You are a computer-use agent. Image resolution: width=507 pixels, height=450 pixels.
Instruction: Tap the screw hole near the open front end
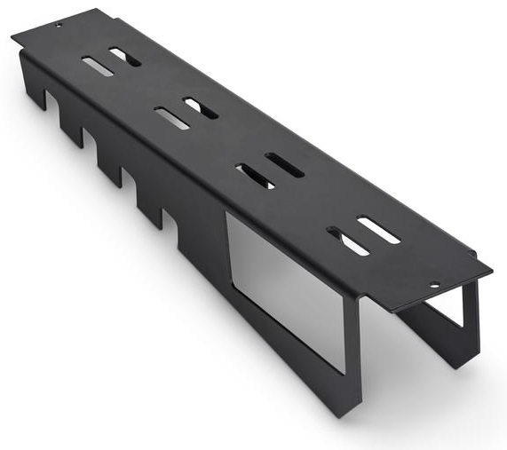tap(433, 286)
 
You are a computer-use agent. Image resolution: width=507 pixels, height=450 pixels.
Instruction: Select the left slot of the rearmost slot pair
tap(97, 67)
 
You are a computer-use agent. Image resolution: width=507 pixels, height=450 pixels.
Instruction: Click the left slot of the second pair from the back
tap(171, 118)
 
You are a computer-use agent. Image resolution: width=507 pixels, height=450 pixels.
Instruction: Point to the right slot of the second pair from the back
tap(201, 108)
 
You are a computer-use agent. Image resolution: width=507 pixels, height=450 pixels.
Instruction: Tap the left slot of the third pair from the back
tap(255, 176)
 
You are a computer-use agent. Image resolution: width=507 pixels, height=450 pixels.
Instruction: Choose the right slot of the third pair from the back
tap(284, 165)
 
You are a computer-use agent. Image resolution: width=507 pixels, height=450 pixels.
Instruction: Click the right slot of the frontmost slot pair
tap(378, 230)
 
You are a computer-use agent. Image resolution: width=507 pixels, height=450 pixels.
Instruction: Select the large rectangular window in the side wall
tap(284, 284)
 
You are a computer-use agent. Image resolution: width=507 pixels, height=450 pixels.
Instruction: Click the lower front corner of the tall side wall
tap(351, 411)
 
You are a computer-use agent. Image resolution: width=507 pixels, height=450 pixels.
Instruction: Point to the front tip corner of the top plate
tap(490, 266)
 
